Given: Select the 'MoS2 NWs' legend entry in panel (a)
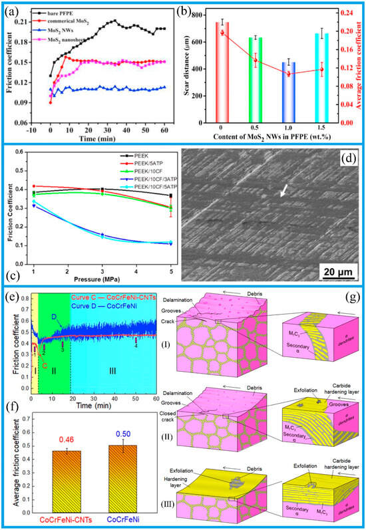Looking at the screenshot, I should click(x=62, y=31).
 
